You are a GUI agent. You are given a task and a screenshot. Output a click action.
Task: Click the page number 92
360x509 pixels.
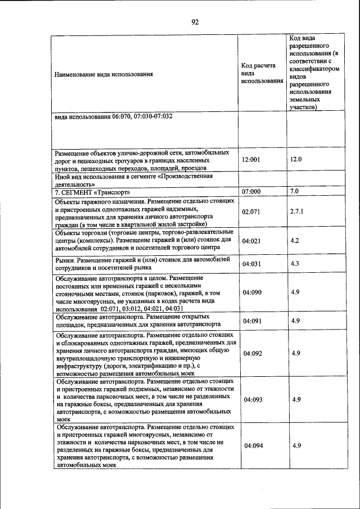click(x=195, y=22)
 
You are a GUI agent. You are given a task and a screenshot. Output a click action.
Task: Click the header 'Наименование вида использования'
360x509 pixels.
click(x=103, y=74)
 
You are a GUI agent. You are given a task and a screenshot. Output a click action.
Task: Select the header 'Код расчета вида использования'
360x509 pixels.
click(x=262, y=73)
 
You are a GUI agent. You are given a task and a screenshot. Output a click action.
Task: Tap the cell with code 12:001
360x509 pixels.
click(x=251, y=160)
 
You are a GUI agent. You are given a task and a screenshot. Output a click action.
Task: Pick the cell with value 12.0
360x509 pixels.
click(x=296, y=159)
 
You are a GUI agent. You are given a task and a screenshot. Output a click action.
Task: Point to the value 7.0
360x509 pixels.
click(x=294, y=191)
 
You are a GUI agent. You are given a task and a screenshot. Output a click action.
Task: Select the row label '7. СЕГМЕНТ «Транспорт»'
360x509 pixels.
click(x=89, y=192)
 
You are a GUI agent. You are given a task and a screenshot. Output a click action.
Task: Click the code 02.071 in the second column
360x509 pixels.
click(x=251, y=212)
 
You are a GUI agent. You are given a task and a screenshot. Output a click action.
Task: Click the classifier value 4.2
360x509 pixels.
click(x=294, y=241)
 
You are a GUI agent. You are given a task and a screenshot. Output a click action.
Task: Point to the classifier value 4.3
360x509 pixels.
click(x=294, y=263)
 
